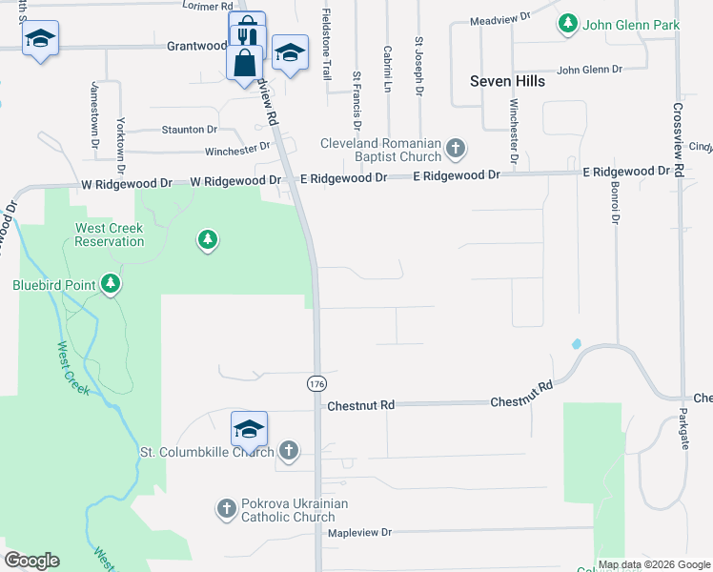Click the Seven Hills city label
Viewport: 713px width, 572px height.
(507, 81)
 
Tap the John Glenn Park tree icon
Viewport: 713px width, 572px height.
(568, 24)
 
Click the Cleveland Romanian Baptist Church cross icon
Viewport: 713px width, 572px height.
(456, 148)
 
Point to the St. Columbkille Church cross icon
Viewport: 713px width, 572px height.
(289, 451)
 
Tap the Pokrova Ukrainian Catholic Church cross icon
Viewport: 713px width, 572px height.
(227, 509)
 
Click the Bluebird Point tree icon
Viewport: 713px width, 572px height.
(112, 284)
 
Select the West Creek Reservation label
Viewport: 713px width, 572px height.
(111, 235)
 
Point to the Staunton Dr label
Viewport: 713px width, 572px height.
(190, 129)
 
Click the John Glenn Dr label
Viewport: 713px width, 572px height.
(589, 70)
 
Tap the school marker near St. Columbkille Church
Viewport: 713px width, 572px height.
(249, 429)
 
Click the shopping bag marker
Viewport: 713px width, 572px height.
(245, 63)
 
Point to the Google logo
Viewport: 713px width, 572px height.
(31, 561)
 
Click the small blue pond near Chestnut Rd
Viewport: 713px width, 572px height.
(575, 343)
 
